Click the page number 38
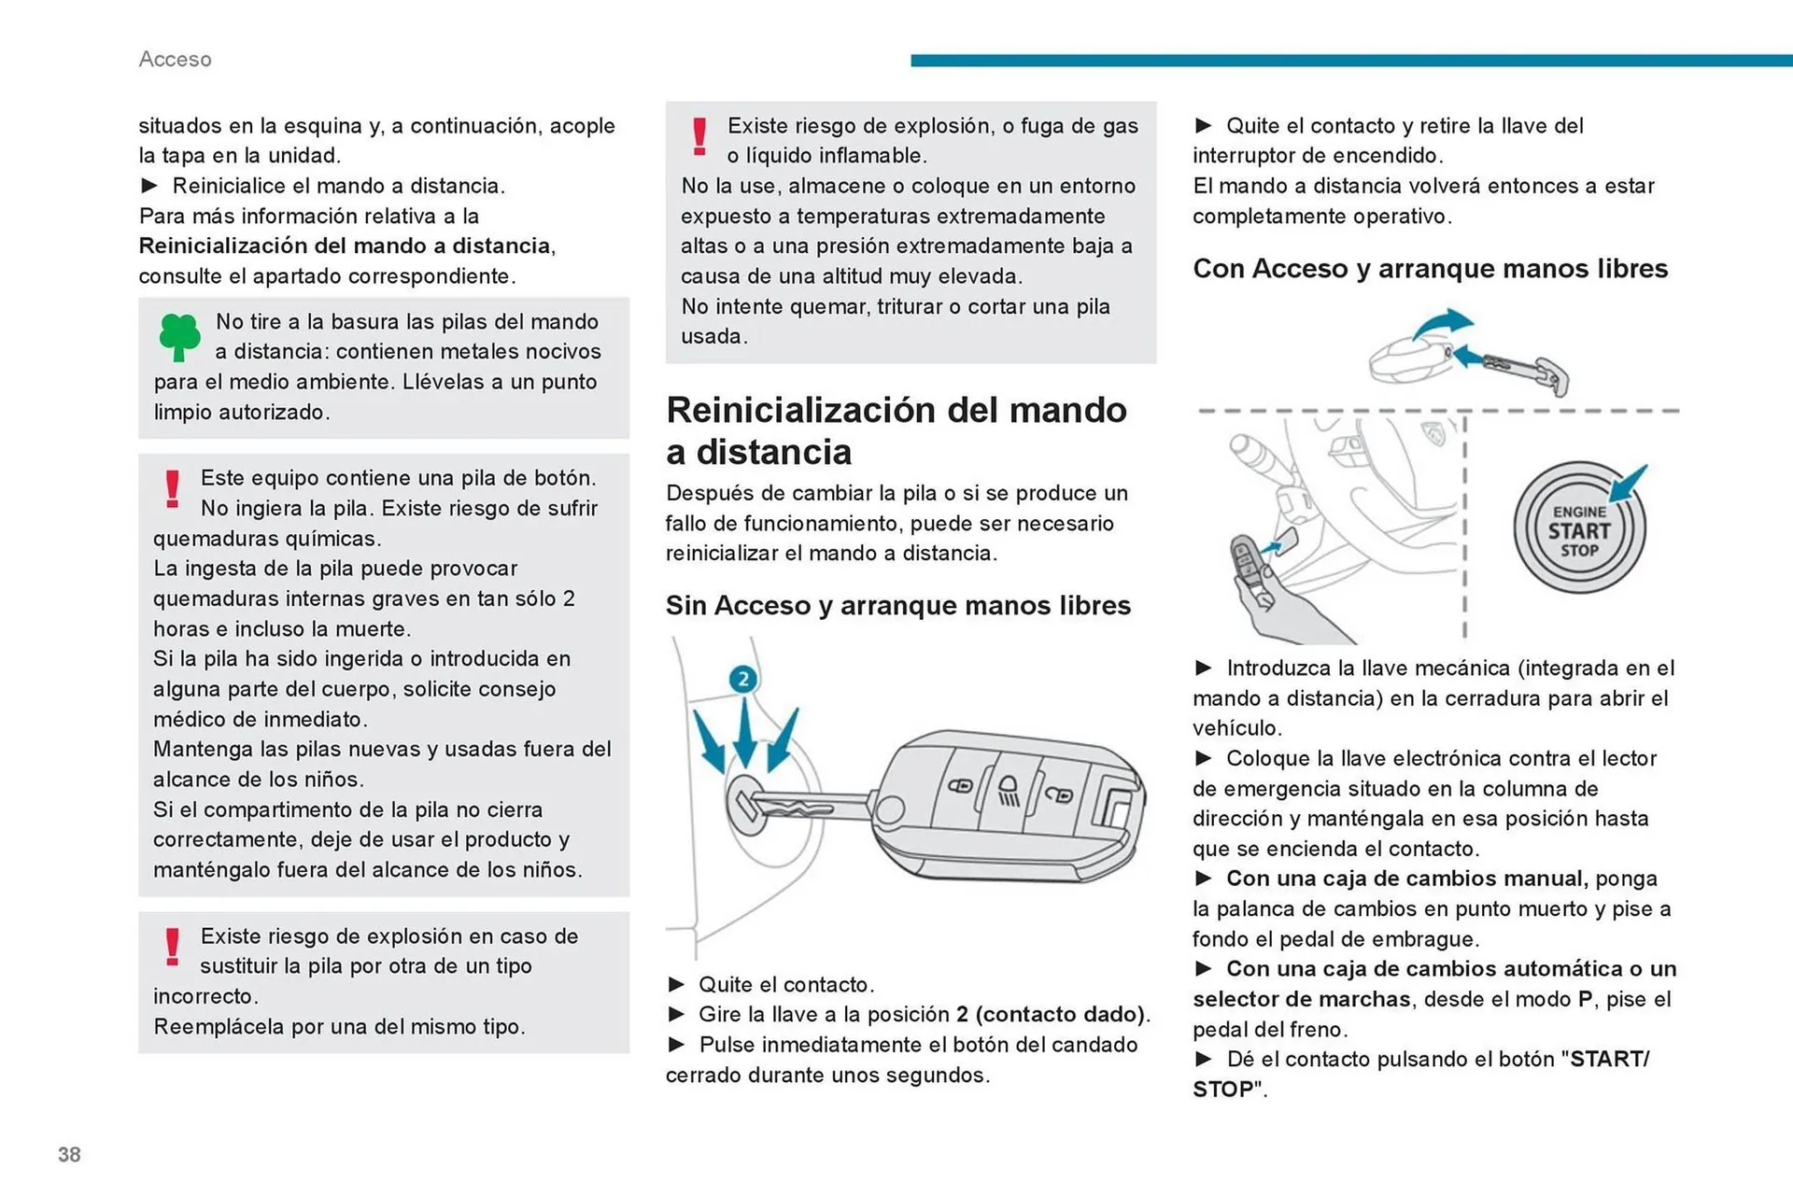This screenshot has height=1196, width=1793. pyautogui.click(x=69, y=1154)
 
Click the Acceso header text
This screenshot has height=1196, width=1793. pyautogui.click(x=175, y=59)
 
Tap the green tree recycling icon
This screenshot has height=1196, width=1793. pyautogui.click(x=179, y=336)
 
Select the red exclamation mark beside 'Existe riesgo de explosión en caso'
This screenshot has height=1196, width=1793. pyautogui.click(x=172, y=947)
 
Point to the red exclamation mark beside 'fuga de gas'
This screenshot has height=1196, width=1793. pyautogui.click(x=699, y=136)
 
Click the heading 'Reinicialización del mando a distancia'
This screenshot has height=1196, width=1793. pyautogui.click(x=896, y=430)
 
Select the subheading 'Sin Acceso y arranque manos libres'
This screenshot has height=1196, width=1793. pyautogui.click(x=897, y=605)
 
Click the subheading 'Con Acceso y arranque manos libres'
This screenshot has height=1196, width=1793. pyautogui.click(x=1430, y=269)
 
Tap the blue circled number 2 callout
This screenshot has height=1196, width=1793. pyautogui.click(x=743, y=679)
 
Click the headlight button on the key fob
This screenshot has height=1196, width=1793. pyautogui.click(x=1009, y=791)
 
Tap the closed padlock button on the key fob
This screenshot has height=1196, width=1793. pyautogui.click(x=961, y=785)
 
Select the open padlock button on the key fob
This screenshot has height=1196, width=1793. pyautogui.click(x=1059, y=795)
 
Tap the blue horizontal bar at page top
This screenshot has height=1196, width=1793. pyautogui.click(x=1350, y=61)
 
